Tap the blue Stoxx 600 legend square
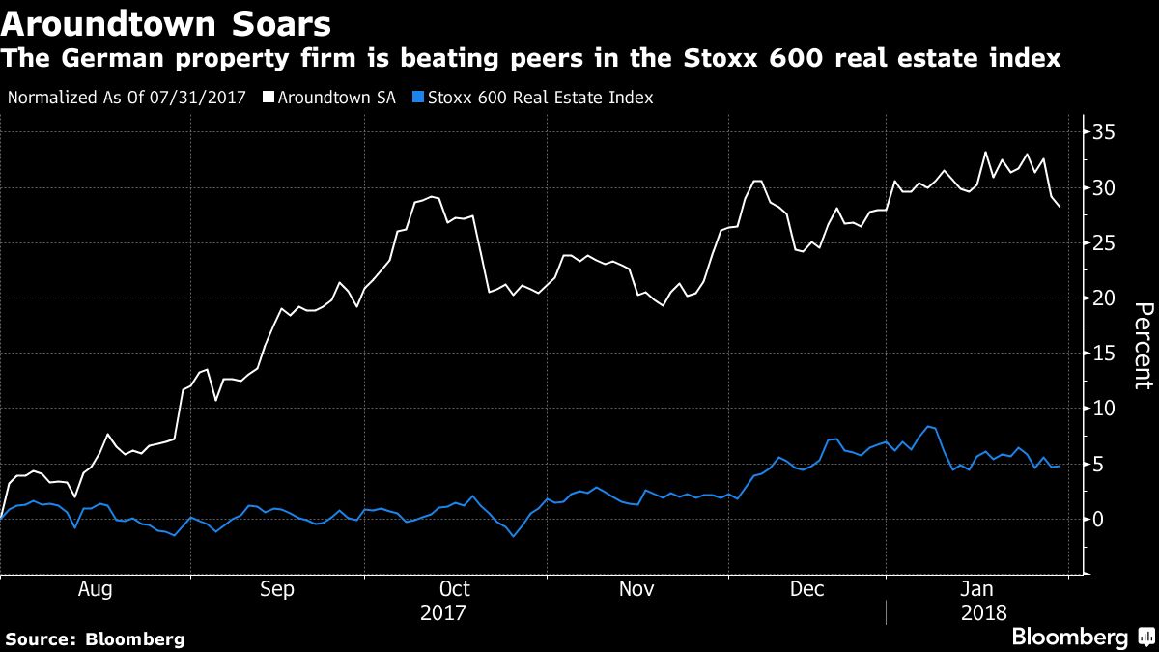point(416,98)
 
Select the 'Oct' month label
point(454,588)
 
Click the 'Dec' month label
point(807,588)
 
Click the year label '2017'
point(442,612)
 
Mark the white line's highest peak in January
point(985,153)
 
